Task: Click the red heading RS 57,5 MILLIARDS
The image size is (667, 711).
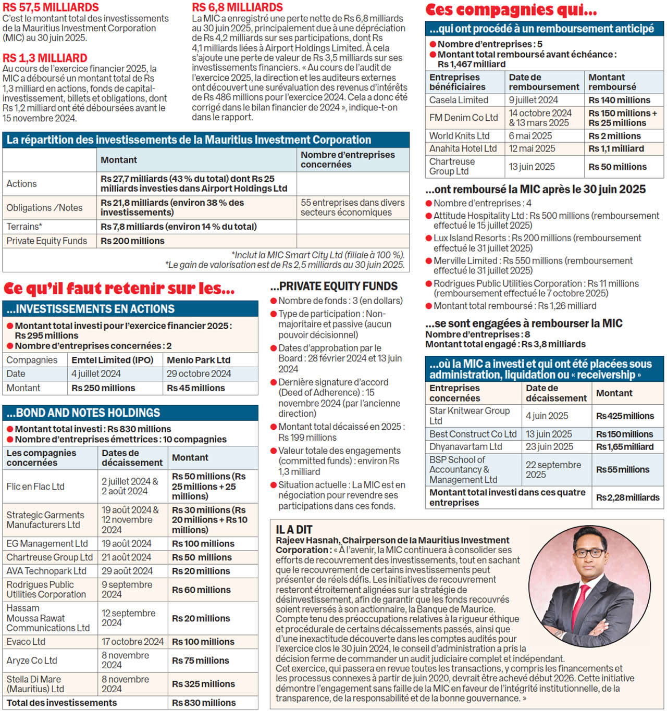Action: (x=51, y=7)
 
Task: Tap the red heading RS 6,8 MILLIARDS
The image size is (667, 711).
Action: (x=237, y=7)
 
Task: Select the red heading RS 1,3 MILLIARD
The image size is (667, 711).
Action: (x=45, y=58)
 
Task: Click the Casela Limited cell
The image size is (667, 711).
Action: (x=459, y=100)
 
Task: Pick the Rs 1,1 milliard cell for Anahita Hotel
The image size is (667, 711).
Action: (x=616, y=148)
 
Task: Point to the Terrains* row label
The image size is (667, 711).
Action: (x=24, y=227)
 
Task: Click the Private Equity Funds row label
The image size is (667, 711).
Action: (x=46, y=241)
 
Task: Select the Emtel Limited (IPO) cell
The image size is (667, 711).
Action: (x=112, y=360)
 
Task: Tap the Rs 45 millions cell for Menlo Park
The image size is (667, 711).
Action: (x=195, y=388)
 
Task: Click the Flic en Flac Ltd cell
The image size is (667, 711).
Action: (x=35, y=487)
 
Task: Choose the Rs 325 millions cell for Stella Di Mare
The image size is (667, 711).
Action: (x=203, y=684)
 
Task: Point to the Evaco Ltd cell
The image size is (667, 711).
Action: (x=26, y=642)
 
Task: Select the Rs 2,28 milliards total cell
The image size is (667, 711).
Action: (x=627, y=497)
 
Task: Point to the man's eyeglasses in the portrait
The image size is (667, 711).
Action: (x=589, y=553)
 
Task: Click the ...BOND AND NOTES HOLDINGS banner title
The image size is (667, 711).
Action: (x=83, y=413)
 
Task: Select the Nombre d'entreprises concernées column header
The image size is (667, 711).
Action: (x=348, y=160)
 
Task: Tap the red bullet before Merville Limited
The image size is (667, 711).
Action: (x=429, y=261)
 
